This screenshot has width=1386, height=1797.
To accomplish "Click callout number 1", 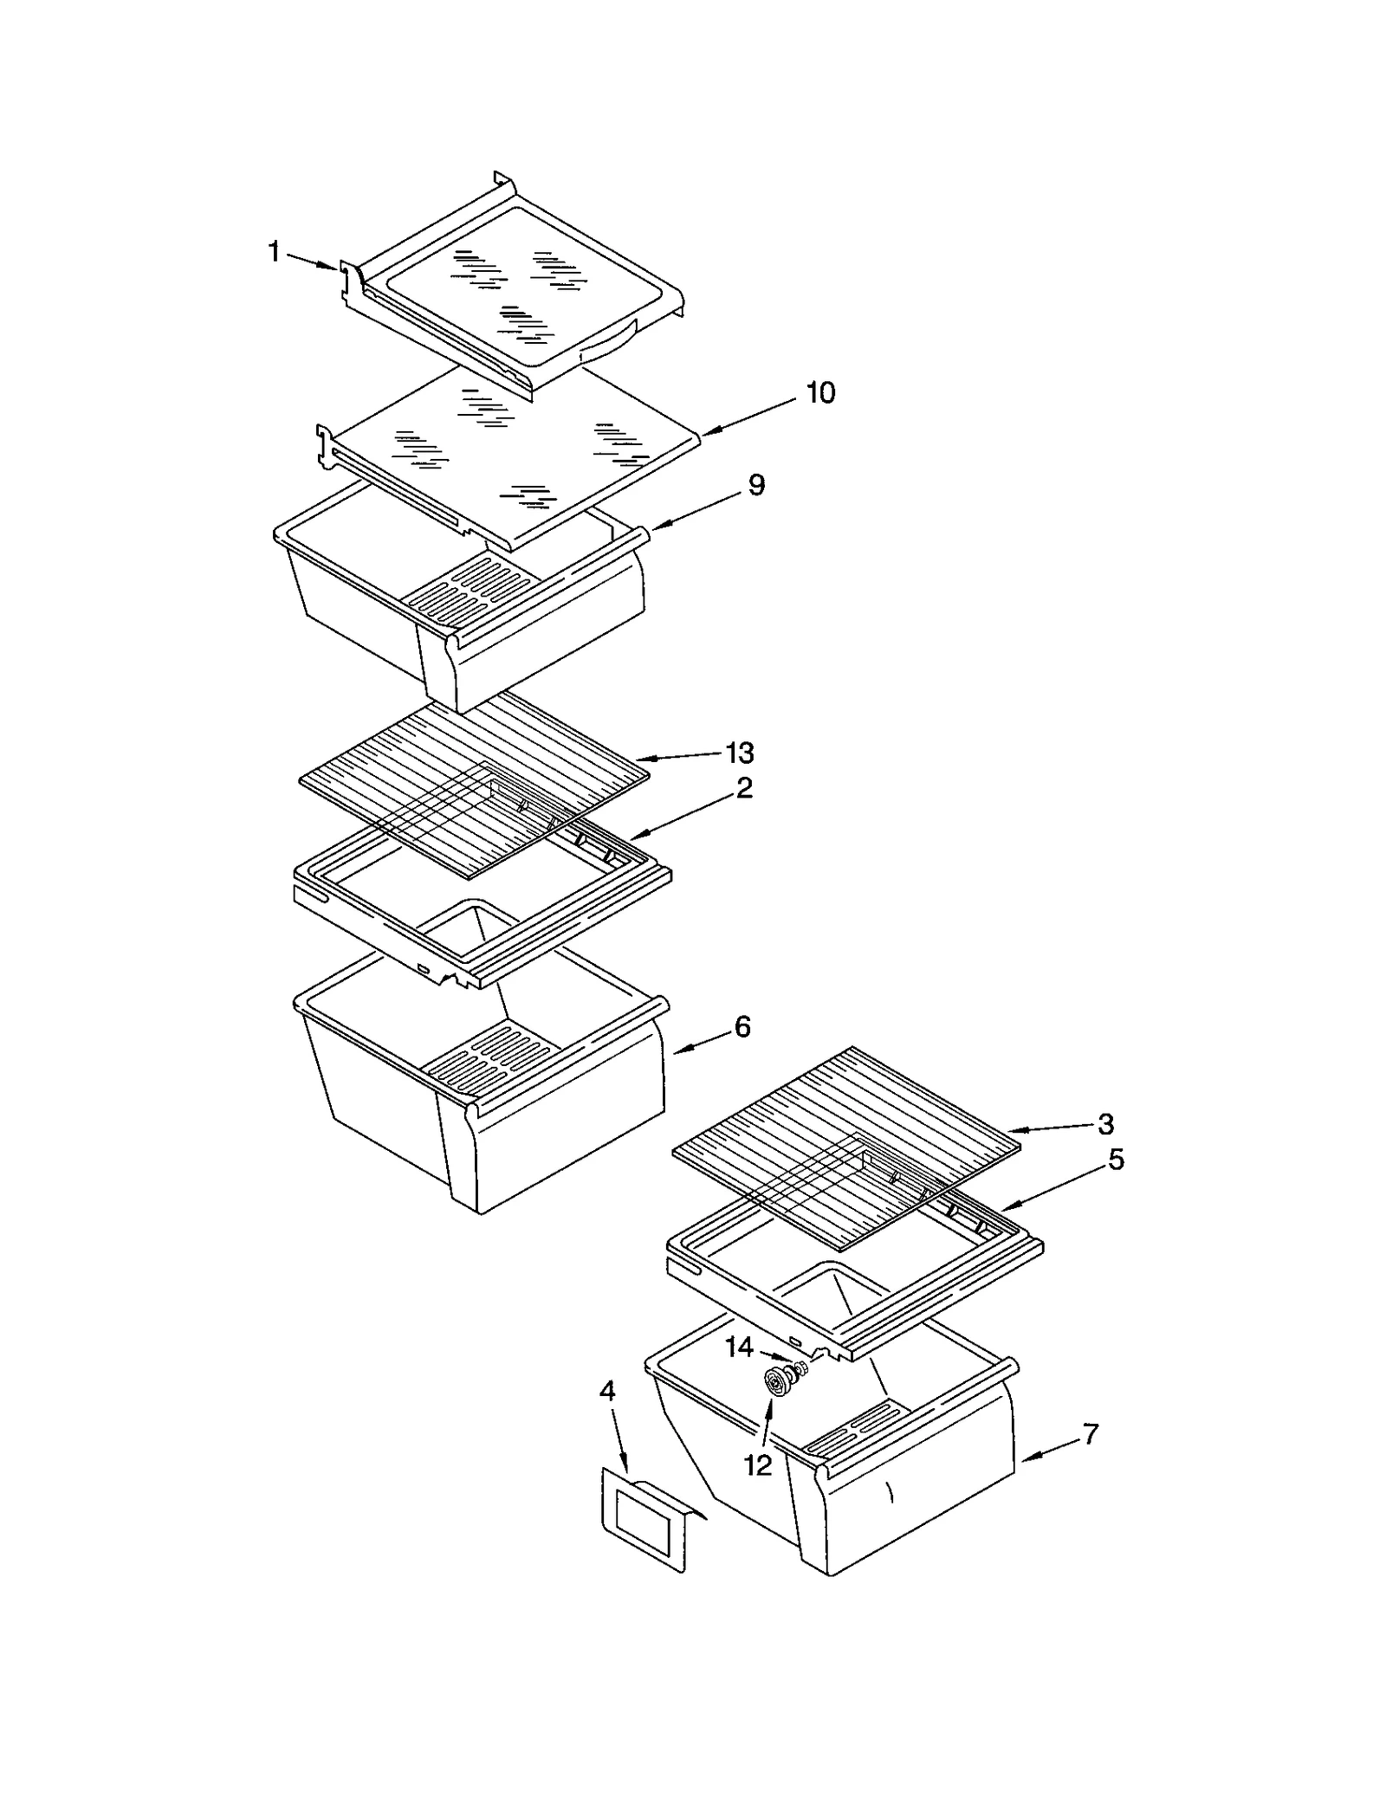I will click(x=274, y=253).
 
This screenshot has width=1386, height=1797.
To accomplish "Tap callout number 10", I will click(x=820, y=393).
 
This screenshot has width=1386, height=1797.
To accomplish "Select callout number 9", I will click(x=756, y=485).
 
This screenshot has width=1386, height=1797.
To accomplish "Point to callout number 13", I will click(x=739, y=753).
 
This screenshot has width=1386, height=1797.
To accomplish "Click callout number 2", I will click(x=744, y=788).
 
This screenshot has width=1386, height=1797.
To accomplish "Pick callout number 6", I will click(x=742, y=1027).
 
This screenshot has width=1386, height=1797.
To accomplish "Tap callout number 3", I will click(x=1105, y=1125).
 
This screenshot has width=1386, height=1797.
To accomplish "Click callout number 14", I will click(x=739, y=1348).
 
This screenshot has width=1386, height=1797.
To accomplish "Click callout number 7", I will click(x=1091, y=1434).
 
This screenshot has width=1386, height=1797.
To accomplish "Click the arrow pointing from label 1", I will click(x=312, y=261).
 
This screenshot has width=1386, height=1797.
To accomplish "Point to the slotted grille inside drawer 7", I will click(x=858, y=1427).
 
